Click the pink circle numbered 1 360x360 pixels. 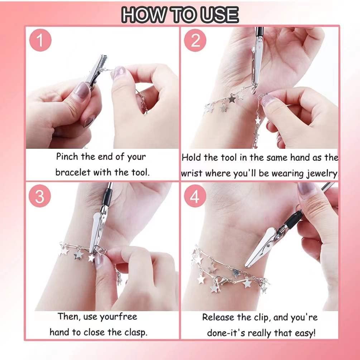(40, 41)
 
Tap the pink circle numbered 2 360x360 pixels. (195, 41)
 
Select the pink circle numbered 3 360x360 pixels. (40, 196)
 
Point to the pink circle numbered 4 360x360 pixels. (195, 196)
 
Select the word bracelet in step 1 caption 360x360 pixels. (73, 172)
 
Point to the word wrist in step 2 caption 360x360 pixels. (191, 174)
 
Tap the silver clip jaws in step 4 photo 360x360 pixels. (263, 248)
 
